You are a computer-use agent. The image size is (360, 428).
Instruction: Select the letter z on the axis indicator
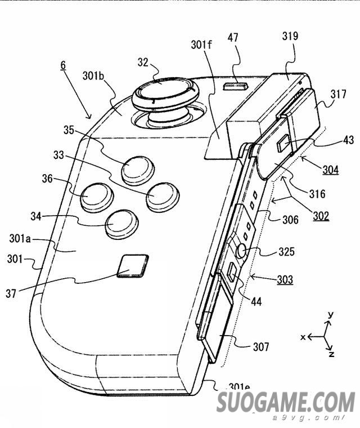pos(332,354)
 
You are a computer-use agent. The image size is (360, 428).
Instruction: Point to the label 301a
pos(20,239)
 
